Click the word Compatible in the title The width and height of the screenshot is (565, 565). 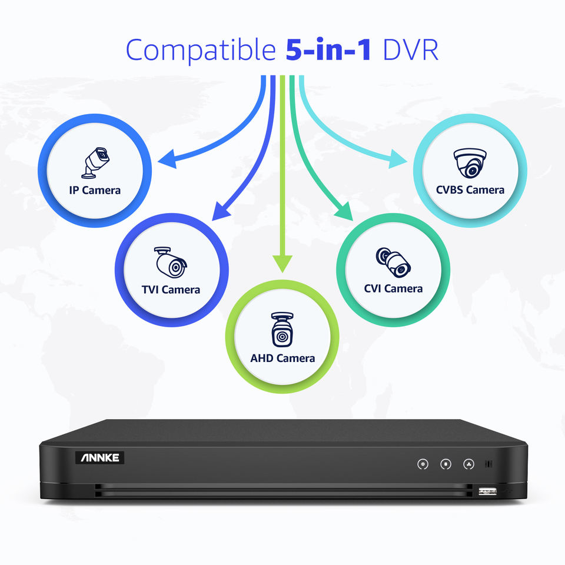pos(200,51)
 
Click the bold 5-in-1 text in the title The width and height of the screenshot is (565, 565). pos(328,51)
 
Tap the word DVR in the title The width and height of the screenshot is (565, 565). pos(410,51)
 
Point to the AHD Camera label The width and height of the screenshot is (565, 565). pos(282,358)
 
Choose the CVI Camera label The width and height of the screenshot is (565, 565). pos(393,288)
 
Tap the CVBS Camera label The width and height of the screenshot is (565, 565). pos(470,190)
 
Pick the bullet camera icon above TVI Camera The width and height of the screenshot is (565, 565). pos(171,262)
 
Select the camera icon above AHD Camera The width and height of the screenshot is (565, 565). pos(282,330)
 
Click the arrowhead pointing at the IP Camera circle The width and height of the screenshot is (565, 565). pos(167,158)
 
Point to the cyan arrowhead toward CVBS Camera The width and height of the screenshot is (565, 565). pos(397,159)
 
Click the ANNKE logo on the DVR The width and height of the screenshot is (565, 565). pos(99,457)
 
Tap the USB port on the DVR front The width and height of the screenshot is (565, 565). pos(488,490)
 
